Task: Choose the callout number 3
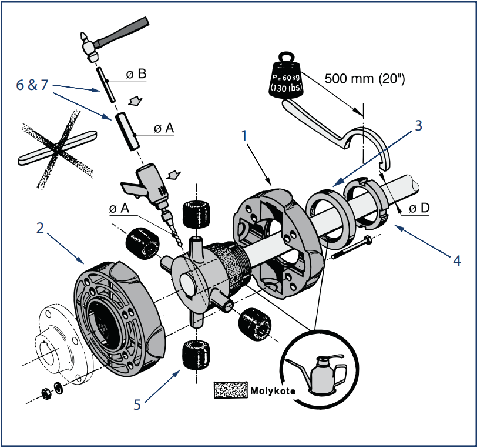[x=418, y=125]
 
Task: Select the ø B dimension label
[x=136, y=74]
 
